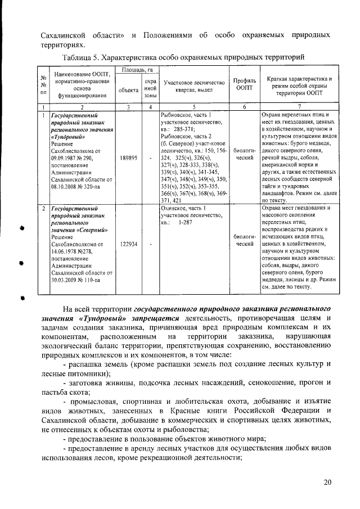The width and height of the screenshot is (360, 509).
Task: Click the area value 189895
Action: pos(129,158)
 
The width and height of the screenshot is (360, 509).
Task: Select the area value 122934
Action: pos(129,244)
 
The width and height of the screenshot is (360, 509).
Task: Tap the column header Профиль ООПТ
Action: pos(245,84)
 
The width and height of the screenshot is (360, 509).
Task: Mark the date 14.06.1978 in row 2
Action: pos(66,251)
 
